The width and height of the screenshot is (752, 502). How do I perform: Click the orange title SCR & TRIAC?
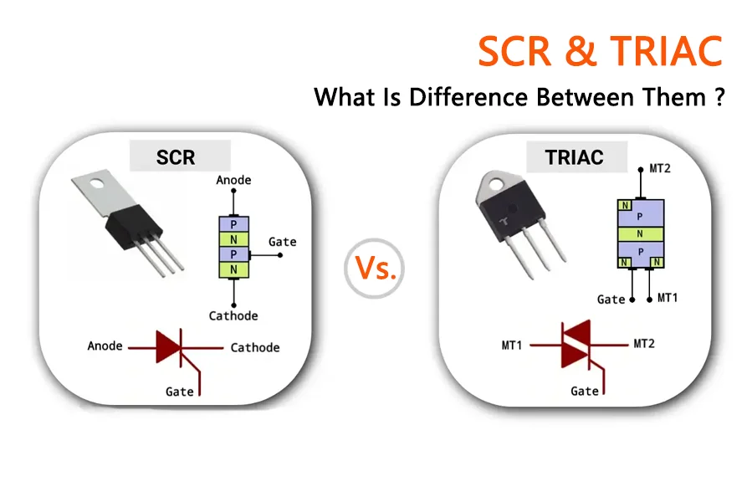coord(600,51)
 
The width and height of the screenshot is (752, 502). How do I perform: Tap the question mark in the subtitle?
coord(719,97)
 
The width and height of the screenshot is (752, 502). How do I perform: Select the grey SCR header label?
coord(180,156)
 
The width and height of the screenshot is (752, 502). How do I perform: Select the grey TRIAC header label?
coord(577,156)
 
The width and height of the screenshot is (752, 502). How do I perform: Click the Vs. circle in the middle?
coord(375,269)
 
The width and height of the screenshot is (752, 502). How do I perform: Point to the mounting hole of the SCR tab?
coord(97,183)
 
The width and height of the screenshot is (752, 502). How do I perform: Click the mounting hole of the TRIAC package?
coord(494,183)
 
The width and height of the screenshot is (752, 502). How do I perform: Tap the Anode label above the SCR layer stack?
coord(233,180)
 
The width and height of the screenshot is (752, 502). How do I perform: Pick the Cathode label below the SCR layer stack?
coord(233,315)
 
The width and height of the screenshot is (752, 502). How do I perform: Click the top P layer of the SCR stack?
coord(234,224)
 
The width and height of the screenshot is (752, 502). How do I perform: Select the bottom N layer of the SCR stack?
coord(234,269)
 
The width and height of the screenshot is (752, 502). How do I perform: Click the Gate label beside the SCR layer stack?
coord(283,242)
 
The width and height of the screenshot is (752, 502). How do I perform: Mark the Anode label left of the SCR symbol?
coord(105,346)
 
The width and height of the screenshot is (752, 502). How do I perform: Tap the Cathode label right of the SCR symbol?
coord(255,347)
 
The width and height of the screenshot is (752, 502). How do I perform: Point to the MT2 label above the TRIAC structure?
coord(660,168)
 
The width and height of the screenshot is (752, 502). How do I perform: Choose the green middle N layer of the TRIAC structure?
coord(641,233)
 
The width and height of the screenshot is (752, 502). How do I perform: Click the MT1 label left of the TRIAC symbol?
coord(512,346)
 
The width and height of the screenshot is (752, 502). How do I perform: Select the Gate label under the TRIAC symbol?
coord(585,392)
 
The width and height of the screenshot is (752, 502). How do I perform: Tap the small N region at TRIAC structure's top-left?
coord(625,206)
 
